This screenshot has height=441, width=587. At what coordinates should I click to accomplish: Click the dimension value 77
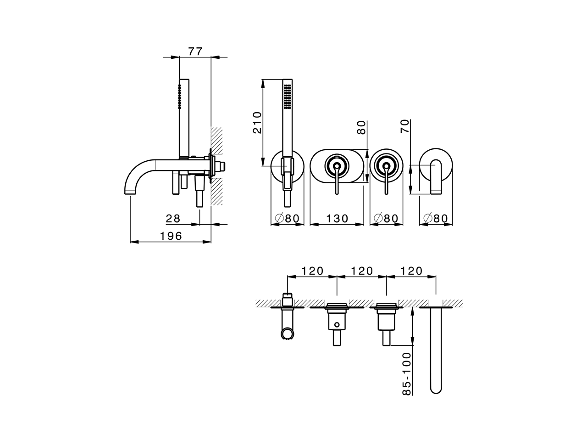click(x=195, y=51)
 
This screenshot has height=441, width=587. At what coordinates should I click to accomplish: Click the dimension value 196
click(x=171, y=236)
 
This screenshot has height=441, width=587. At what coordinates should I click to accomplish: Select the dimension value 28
click(x=173, y=219)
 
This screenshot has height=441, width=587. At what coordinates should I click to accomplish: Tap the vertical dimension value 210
click(x=257, y=122)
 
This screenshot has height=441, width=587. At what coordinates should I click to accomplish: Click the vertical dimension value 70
click(x=405, y=126)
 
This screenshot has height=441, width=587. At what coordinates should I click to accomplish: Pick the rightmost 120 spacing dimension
click(x=411, y=271)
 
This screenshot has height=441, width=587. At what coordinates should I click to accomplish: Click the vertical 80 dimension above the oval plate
click(x=362, y=127)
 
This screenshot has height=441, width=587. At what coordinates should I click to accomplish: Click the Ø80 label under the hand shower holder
click(x=288, y=219)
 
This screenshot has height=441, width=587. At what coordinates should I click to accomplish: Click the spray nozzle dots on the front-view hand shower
click(x=288, y=96)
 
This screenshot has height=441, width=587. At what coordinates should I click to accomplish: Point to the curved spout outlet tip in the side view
click(x=130, y=191)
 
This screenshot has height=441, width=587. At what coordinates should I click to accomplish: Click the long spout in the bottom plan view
click(x=437, y=349)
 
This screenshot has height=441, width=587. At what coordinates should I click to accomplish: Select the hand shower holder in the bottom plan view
click(x=287, y=322)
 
